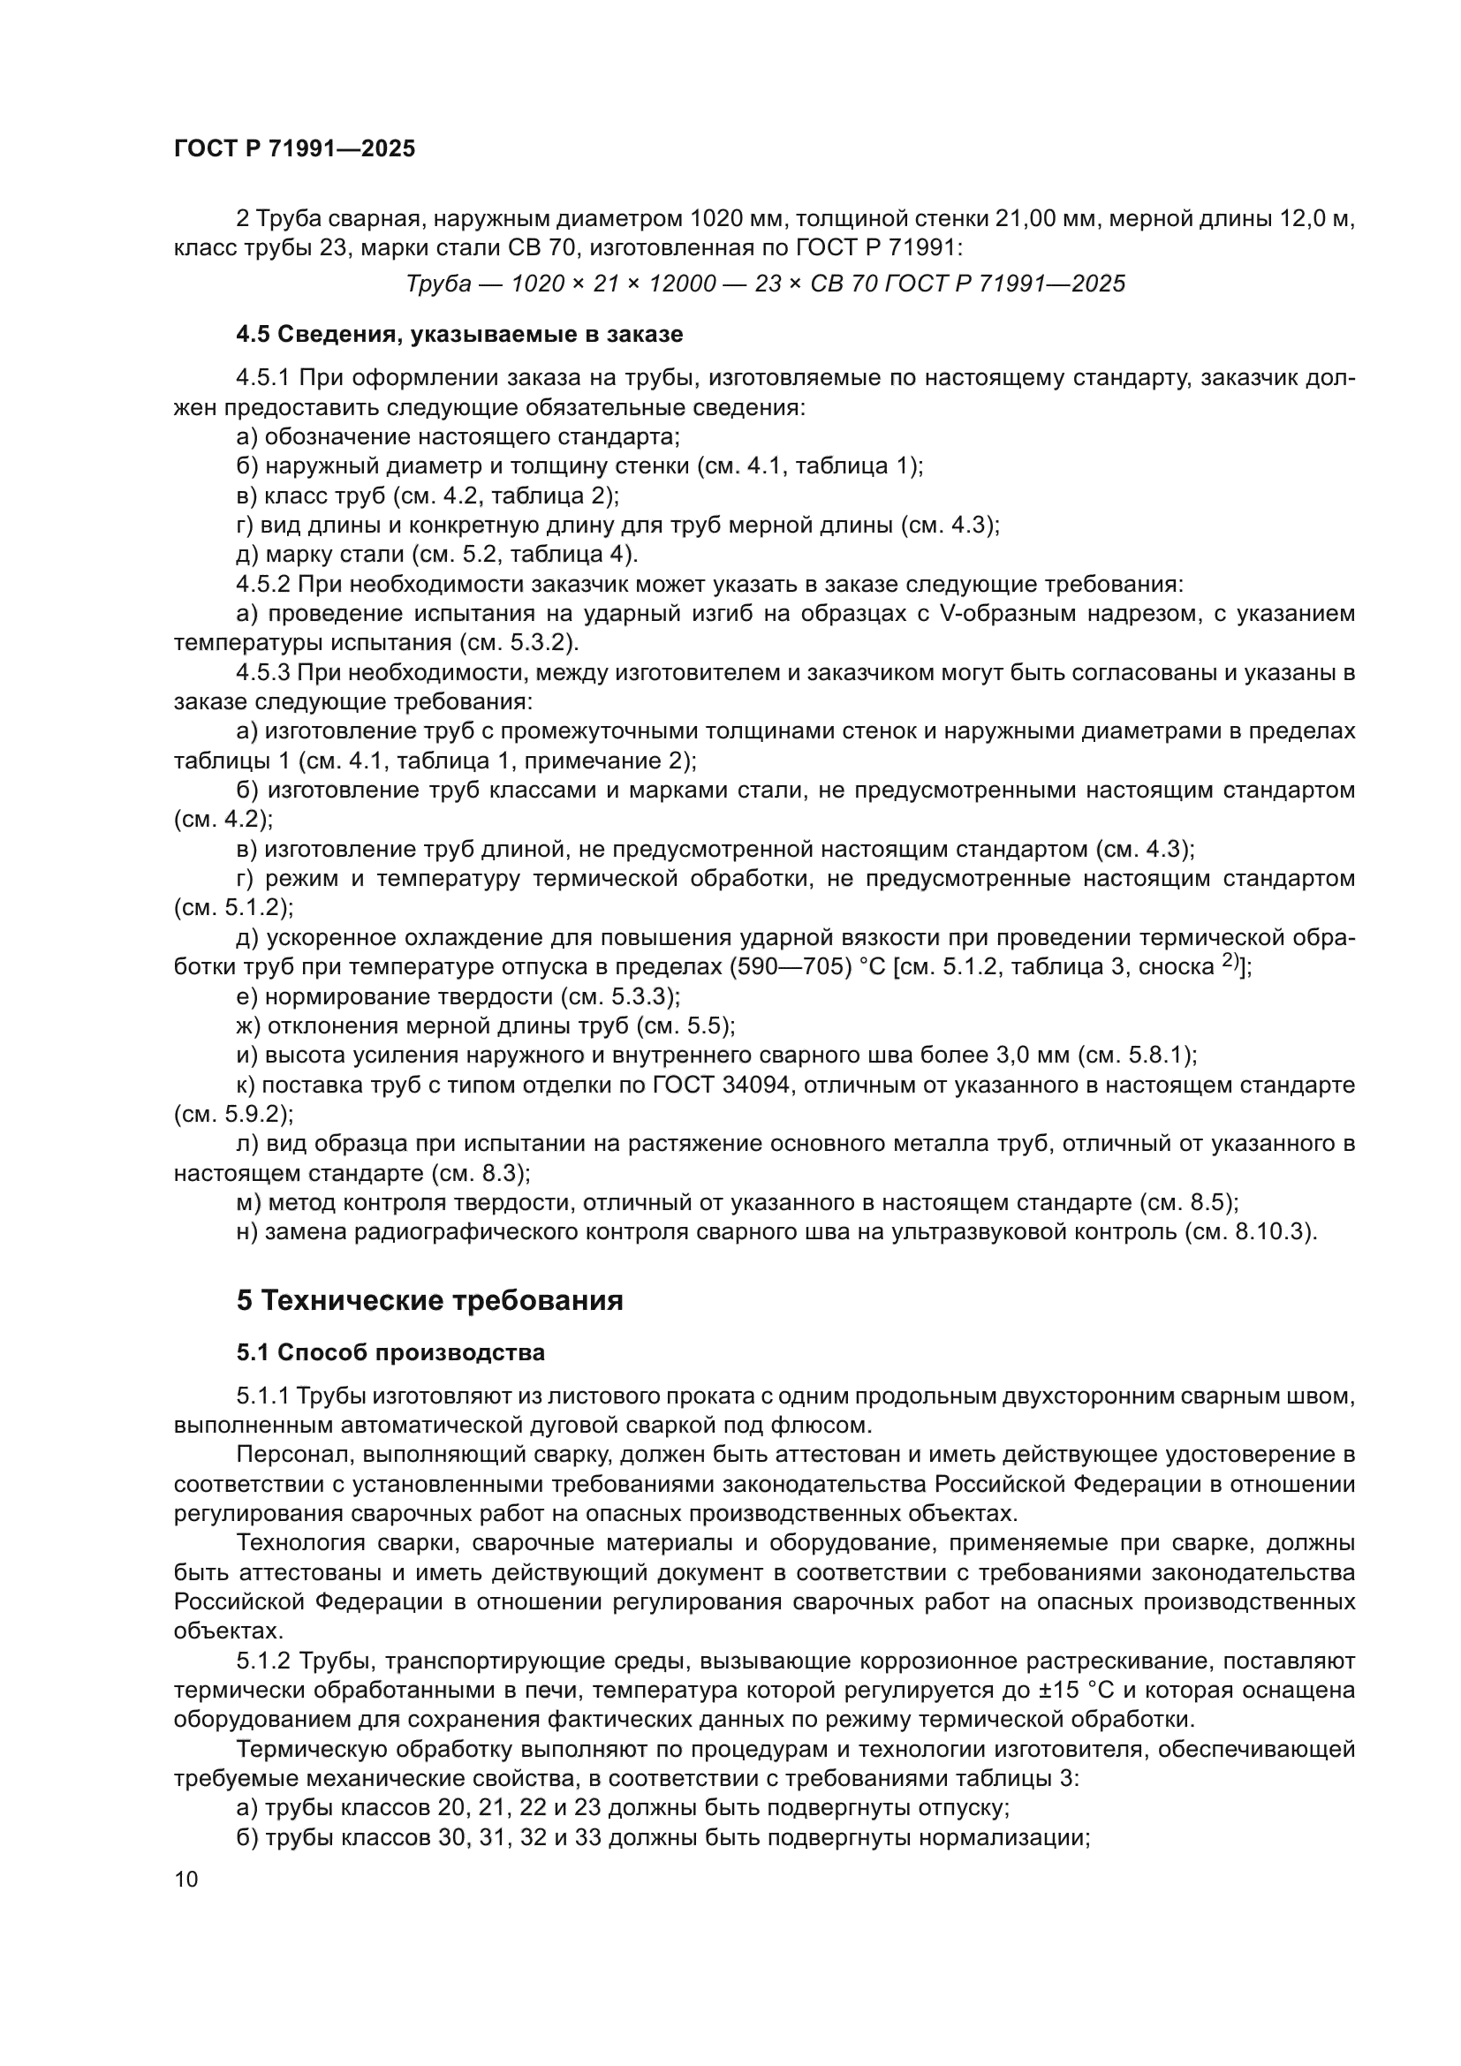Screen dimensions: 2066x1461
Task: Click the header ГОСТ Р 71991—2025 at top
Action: coord(294,148)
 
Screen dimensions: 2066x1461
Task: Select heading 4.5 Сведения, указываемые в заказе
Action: coord(458,335)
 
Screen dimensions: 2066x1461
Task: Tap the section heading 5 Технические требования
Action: coord(429,1301)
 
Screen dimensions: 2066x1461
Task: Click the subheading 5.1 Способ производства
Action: coord(390,1352)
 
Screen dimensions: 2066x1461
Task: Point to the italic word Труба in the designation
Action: coord(438,284)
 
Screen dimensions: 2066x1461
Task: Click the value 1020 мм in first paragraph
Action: coord(737,219)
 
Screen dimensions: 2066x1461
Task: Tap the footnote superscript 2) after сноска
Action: coord(1230,961)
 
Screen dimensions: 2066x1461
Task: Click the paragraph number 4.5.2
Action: coord(262,585)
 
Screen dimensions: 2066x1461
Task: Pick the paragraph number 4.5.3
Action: coord(262,673)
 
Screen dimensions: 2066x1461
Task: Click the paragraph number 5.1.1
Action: coord(262,1396)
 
